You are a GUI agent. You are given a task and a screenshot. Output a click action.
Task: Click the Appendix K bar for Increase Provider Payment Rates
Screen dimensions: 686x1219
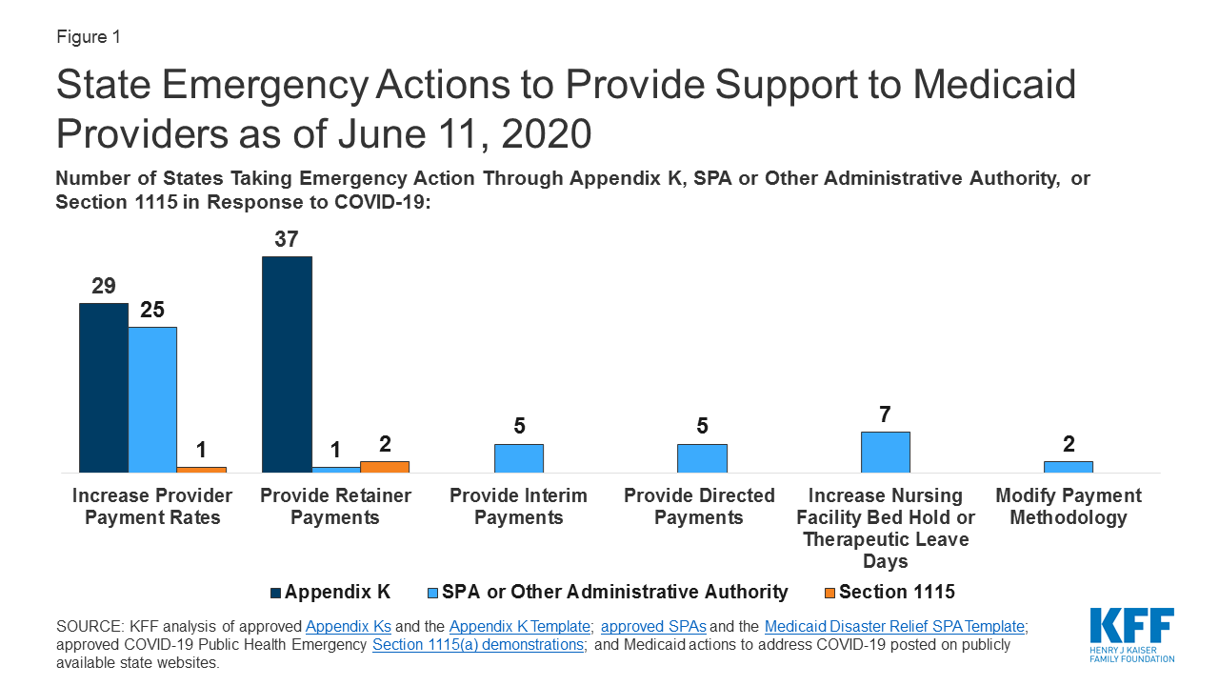pyautogui.click(x=103, y=388)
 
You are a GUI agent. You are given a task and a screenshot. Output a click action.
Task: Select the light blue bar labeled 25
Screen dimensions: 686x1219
pyautogui.click(x=152, y=400)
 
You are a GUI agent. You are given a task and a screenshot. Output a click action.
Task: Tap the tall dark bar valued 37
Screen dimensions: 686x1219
pyautogui.click(x=287, y=364)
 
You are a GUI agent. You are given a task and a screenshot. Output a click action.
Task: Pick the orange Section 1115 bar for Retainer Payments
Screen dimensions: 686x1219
pyautogui.click(x=385, y=467)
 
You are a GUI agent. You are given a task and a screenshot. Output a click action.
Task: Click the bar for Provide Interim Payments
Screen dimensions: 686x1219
pyautogui.click(x=519, y=458)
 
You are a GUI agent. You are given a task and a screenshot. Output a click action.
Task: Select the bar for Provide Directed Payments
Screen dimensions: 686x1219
pyautogui.click(x=702, y=458)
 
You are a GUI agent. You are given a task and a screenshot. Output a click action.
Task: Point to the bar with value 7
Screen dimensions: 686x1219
pyautogui.click(x=886, y=452)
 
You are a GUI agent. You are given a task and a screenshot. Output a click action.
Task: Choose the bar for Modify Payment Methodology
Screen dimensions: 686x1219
pyautogui.click(x=1069, y=467)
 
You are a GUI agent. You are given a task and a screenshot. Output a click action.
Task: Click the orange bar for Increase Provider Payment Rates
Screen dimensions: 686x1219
pyautogui.click(x=201, y=470)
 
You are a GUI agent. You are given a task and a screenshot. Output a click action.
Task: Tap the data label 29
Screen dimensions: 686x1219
pyautogui.click(x=103, y=286)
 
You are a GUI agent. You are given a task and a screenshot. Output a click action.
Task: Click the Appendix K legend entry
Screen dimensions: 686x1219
pyautogui.click(x=330, y=592)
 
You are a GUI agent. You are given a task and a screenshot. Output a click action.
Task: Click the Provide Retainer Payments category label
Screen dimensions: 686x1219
pyautogui.click(x=335, y=507)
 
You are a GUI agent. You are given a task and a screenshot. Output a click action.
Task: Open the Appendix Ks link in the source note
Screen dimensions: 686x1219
pyautogui.click(x=348, y=626)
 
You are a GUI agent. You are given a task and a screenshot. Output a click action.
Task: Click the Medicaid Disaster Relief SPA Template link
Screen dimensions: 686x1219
pyautogui.click(x=893, y=626)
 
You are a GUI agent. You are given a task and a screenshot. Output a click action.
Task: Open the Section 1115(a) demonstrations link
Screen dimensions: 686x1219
pyautogui.click(x=477, y=644)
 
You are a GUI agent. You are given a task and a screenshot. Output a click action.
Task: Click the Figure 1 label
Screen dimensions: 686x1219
pyautogui.click(x=88, y=37)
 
